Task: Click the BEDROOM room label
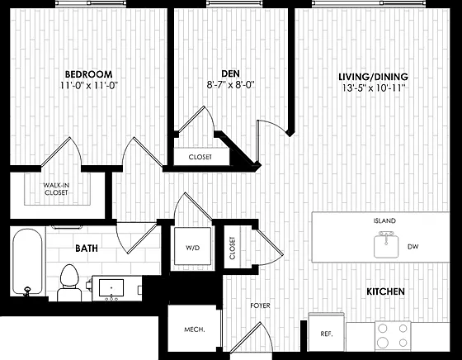pos(89,74)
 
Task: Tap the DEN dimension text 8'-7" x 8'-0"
pos(230,85)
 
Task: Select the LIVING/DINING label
pos(373,77)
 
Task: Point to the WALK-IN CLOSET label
pos(56,189)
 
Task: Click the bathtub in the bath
pos(27,262)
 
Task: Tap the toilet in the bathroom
pos(69,282)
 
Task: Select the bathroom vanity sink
pos(111,288)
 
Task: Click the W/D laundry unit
pos(193,247)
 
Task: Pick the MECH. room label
pos(195,329)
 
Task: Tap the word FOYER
pos(260,306)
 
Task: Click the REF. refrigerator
pos(327,332)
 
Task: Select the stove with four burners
pos(393,335)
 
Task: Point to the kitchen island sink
pos(386,244)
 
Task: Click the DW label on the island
pos(413,247)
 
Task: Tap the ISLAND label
pos(384,220)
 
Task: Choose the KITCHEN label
pos(385,291)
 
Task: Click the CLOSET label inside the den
pos(200,157)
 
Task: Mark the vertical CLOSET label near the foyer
pos(233,248)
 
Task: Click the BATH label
pos(87,249)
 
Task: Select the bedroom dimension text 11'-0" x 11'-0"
pos(89,86)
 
